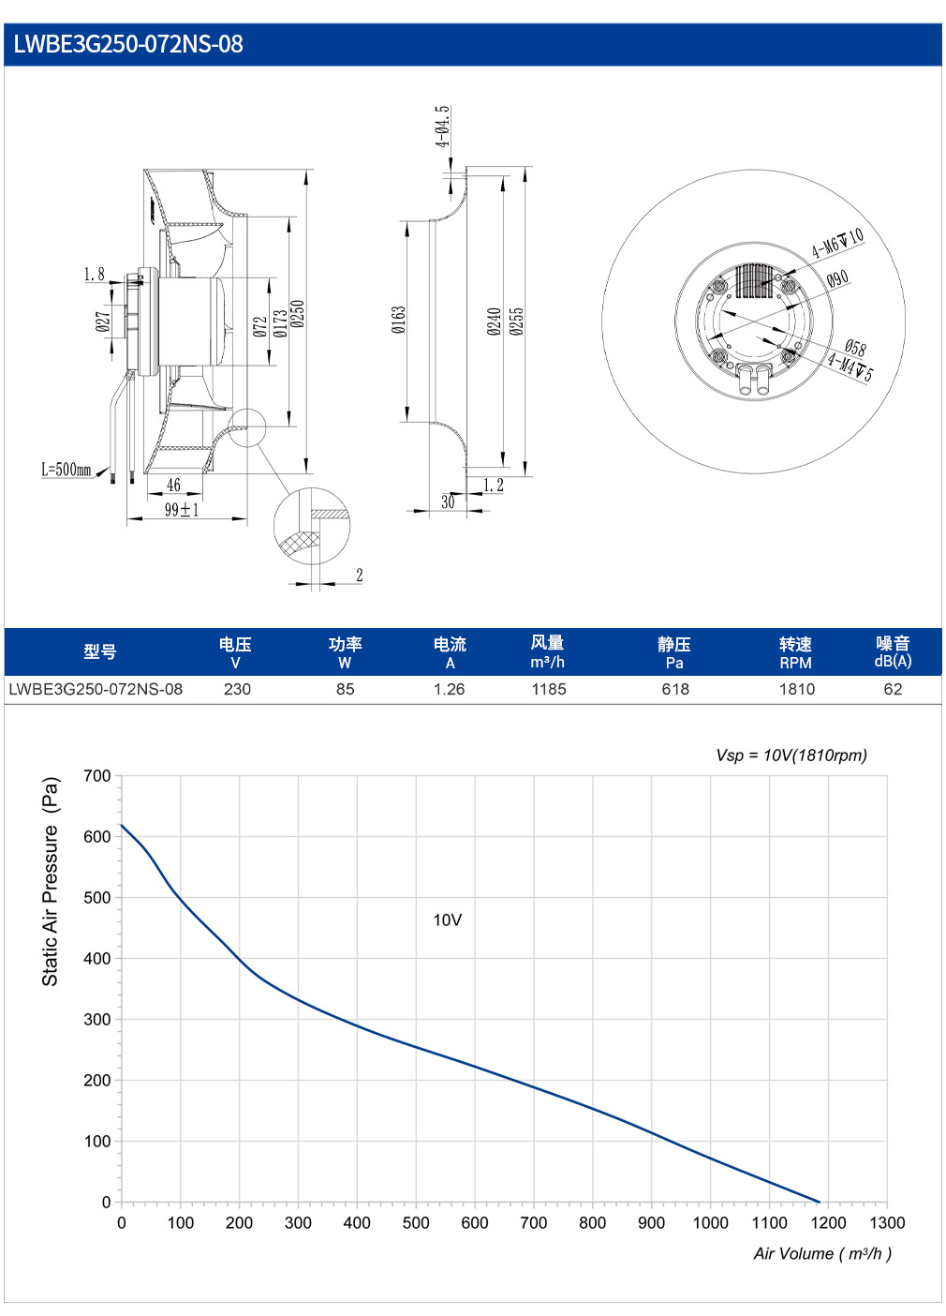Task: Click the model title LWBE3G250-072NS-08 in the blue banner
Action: click(128, 44)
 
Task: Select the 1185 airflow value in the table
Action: click(549, 689)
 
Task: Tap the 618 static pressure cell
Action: click(675, 689)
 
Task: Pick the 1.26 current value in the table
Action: click(450, 689)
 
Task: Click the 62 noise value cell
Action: click(893, 689)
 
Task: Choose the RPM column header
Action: click(796, 664)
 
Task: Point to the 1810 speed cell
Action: click(797, 689)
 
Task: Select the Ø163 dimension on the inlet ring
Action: click(399, 320)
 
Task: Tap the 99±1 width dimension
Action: click(182, 509)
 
